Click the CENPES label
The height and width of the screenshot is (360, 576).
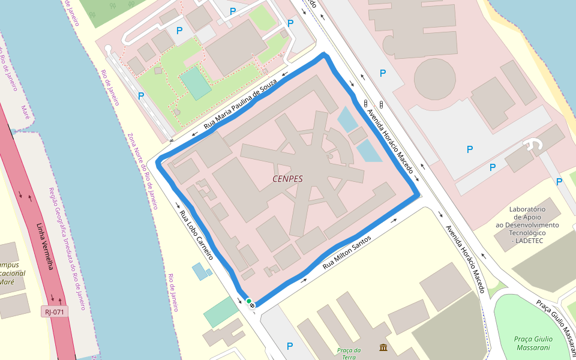pyautogui.click(x=287, y=179)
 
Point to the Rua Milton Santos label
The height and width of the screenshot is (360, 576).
pyautogui.click(x=347, y=252)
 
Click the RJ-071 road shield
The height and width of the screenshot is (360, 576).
pyautogui.click(x=55, y=311)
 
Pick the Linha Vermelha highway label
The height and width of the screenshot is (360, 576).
pyautogui.click(x=45, y=247)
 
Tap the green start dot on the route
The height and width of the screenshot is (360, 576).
pyautogui.click(x=248, y=301)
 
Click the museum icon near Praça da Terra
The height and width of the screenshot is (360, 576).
pyautogui.click(x=383, y=347)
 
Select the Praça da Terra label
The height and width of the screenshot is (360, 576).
pyautogui.click(x=349, y=353)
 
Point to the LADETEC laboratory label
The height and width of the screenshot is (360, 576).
pyautogui.click(x=526, y=224)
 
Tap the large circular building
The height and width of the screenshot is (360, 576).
pyautogui.click(x=435, y=79)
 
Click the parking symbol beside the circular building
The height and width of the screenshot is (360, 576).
pyautogui.click(x=383, y=73)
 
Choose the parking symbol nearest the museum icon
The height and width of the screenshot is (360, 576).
pyautogui.click(x=290, y=346)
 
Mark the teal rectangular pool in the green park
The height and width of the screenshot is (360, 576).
pyautogui.click(x=196, y=83)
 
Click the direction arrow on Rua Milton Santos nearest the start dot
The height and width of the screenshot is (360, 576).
pyautogui.click(x=304, y=280)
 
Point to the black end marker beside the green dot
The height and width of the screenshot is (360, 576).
pyautogui.click(x=252, y=306)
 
